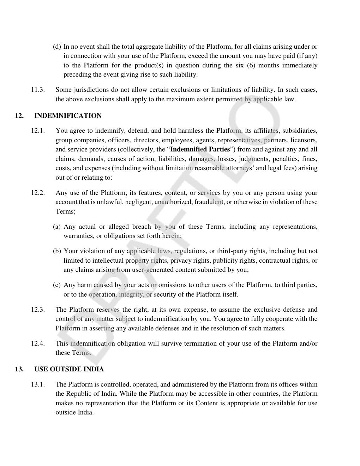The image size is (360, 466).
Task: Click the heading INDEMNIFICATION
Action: pos(68,116)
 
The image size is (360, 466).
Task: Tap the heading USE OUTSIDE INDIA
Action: pos(69,369)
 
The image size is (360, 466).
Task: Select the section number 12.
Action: pos(19,116)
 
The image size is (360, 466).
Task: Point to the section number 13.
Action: pos(19,369)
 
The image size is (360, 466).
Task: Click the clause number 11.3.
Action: pos(38,90)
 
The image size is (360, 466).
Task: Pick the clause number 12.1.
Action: pos(38,131)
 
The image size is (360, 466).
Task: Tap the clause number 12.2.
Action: pos(38,193)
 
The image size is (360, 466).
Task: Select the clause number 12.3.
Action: pos(38,310)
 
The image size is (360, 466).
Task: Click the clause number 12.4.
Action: pos(38,343)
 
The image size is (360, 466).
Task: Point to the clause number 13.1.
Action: pos(38,384)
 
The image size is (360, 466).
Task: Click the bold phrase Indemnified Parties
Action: pos(200,149)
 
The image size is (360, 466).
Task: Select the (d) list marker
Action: pos(57,47)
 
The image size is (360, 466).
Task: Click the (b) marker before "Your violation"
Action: pos(57,251)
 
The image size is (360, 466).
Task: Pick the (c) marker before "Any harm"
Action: pos(57,285)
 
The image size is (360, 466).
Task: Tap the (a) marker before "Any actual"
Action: pos(57,227)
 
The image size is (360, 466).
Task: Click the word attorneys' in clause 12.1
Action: pos(240,168)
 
